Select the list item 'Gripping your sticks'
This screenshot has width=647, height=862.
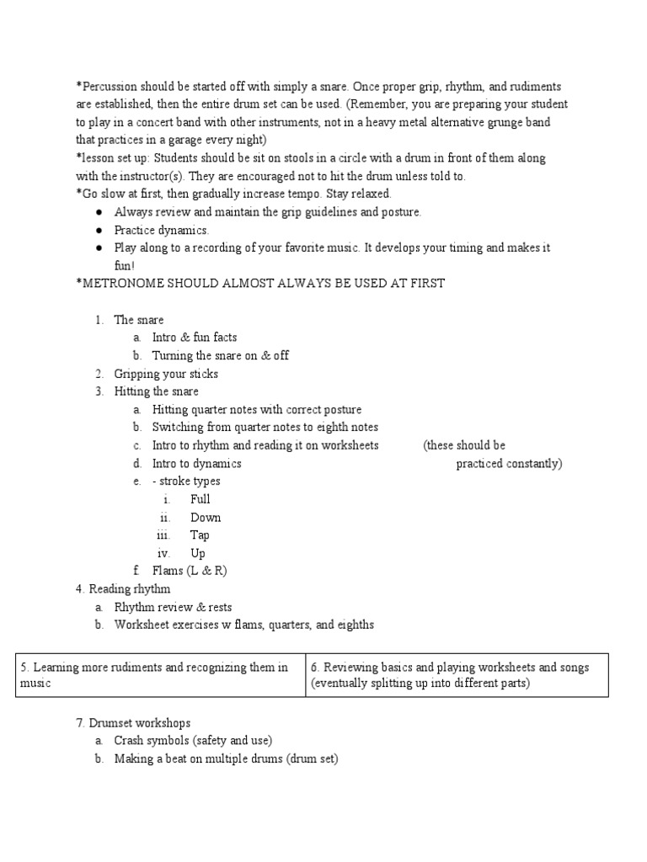[x=166, y=374]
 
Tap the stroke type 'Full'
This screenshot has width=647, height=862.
[x=201, y=499]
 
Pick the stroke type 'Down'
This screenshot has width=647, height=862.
[x=206, y=518]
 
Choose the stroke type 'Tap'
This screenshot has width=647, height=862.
[x=201, y=535]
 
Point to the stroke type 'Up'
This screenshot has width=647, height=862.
[x=198, y=553]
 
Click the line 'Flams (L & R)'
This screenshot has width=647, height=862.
[x=190, y=571]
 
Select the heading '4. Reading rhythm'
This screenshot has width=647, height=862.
[x=123, y=589]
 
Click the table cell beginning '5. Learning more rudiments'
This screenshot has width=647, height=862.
[x=160, y=675]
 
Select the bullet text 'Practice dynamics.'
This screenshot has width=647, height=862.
[x=162, y=230]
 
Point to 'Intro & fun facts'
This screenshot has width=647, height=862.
[x=195, y=338]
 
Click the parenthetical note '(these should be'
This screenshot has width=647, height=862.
[x=464, y=445]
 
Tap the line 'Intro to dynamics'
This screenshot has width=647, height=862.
[x=196, y=464]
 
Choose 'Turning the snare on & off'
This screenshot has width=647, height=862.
[x=220, y=355]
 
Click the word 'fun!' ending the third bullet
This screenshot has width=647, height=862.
[x=125, y=265]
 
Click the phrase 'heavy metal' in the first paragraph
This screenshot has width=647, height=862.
[x=383, y=122]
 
